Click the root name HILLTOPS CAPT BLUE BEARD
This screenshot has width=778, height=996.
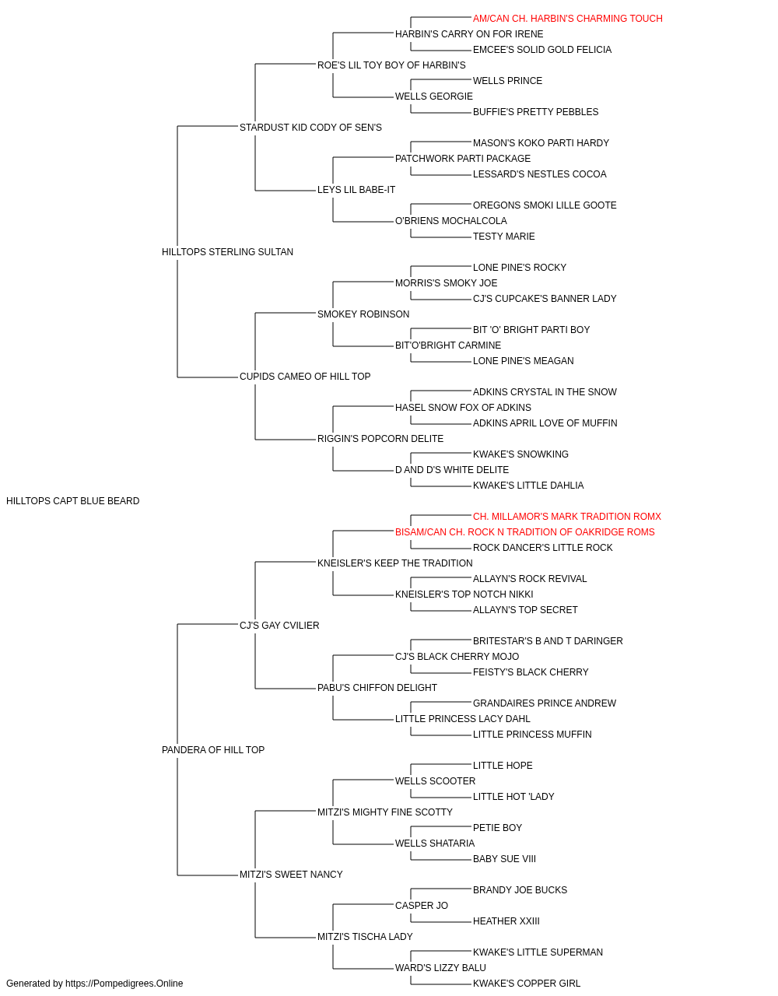(x=73, y=501)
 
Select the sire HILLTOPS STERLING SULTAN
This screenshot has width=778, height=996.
(x=227, y=252)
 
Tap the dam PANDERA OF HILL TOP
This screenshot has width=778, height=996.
(x=213, y=750)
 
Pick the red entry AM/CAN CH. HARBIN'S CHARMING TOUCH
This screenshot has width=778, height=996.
(x=568, y=19)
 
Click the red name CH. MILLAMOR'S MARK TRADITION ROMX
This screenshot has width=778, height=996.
(x=567, y=517)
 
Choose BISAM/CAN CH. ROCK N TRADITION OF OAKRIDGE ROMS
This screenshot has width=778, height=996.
(x=524, y=532)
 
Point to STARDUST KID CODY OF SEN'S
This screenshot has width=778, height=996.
(x=310, y=128)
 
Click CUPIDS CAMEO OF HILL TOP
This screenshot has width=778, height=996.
(x=305, y=377)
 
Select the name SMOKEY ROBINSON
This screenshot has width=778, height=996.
(x=363, y=314)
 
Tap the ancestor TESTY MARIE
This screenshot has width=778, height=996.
(x=503, y=237)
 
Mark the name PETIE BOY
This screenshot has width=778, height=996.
(x=497, y=828)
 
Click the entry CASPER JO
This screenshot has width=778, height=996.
(x=422, y=906)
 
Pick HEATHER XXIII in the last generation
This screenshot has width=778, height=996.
(x=506, y=921)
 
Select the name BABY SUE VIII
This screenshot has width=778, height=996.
(x=504, y=859)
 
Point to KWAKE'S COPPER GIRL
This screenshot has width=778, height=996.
(x=527, y=984)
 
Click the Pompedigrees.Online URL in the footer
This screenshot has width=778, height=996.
(x=124, y=984)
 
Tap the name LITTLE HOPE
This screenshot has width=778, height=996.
(x=503, y=766)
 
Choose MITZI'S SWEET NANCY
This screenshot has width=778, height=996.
(x=291, y=875)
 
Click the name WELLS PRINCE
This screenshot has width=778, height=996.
(x=507, y=81)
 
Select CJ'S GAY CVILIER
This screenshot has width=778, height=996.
(x=279, y=626)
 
